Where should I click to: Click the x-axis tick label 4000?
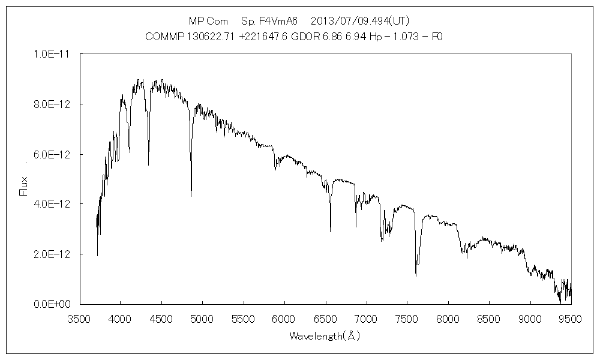[120, 318]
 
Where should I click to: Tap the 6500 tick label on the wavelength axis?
[325, 318]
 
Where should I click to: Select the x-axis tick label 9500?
[571, 318]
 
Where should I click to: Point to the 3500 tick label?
[79, 318]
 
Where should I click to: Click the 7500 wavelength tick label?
[407, 318]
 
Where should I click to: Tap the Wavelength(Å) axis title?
[324, 336]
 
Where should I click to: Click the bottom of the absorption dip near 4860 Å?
[191, 196]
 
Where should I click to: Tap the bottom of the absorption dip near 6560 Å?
[331, 231]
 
